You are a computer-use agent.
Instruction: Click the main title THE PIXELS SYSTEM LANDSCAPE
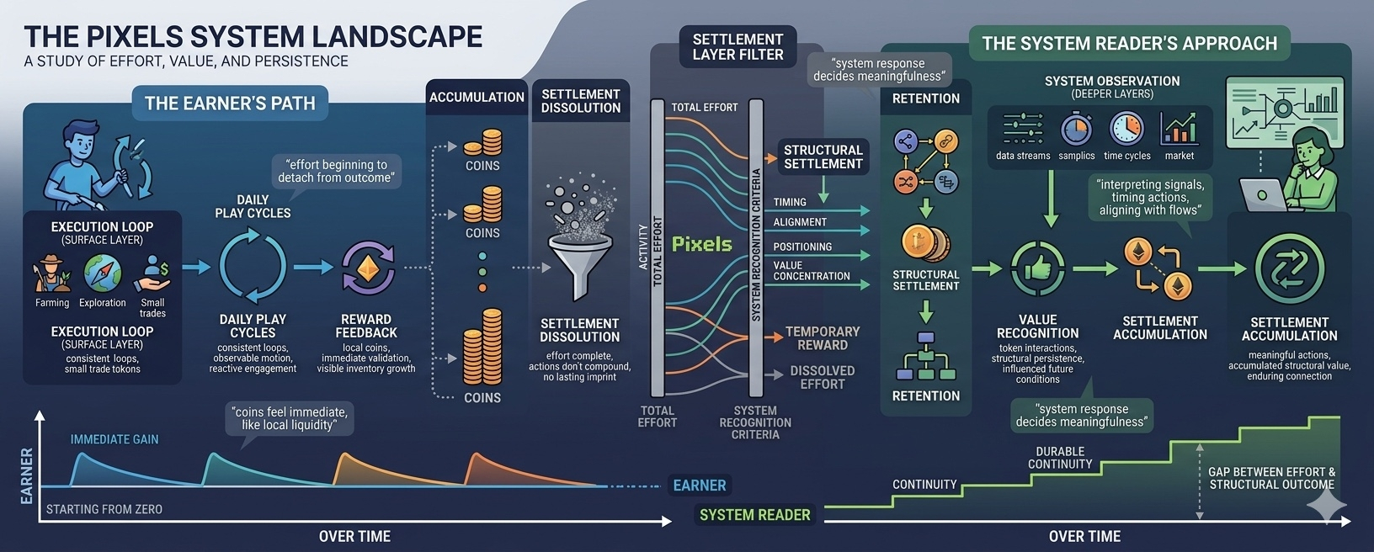coord(253,37)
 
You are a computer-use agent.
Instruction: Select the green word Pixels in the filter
coord(701,244)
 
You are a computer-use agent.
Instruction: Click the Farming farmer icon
coord(51,274)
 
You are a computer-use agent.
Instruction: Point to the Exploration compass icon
coord(102,273)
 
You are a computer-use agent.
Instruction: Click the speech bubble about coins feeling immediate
coord(289,418)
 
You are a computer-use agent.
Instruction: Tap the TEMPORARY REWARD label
coord(822,338)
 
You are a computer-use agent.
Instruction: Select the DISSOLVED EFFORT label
coord(822,377)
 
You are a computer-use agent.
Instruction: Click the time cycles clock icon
coord(1126,130)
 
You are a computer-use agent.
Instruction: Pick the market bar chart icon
coord(1179,130)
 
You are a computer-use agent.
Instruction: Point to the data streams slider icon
coord(1023,130)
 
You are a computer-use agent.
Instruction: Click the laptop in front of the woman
coord(1263,195)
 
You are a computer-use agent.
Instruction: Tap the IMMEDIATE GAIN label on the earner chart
coord(114,439)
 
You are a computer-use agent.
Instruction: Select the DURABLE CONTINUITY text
coord(1060,458)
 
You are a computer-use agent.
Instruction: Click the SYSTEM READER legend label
coord(754,515)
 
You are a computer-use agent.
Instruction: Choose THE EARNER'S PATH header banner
coord(230,103)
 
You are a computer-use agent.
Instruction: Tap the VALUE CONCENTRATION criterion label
coord(811,270)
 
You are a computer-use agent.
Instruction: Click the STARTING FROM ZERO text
coord(104,509)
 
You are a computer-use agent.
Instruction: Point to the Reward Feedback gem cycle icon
coord(367,269)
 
